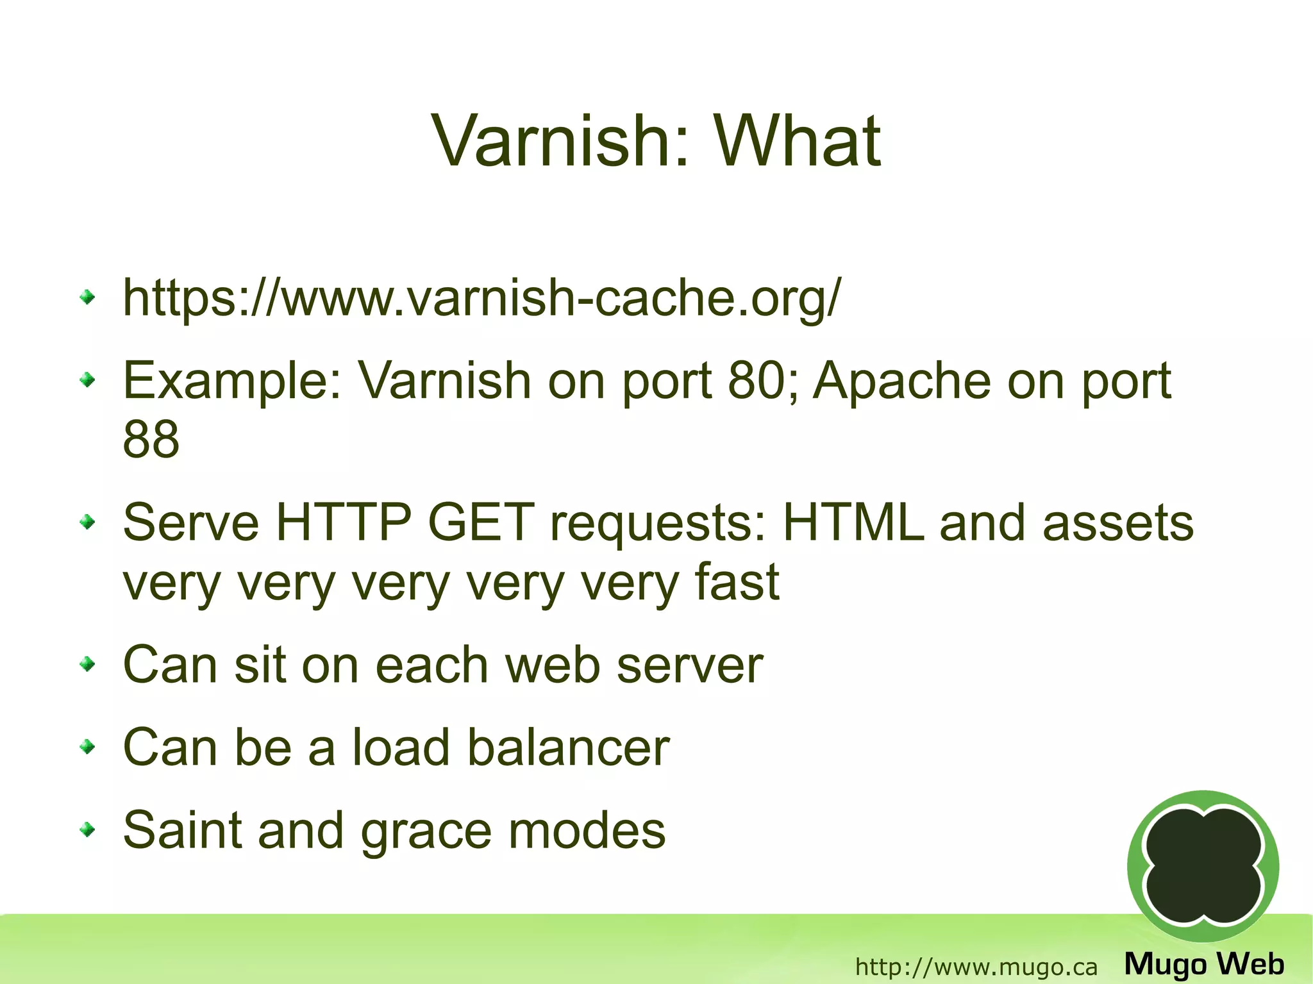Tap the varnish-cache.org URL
click(x=480, y=298)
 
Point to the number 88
click(x=151, y=440)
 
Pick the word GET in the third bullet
click(x=481, y=523)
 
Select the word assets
click(x=1118, y=523)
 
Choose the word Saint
click(x=181, y=830)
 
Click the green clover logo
click(x=1203, y=866)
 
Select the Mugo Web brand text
click(x=1204, y=964)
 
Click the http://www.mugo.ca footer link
click(x=976, y=967)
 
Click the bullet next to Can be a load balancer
click(x=87, y=747)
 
